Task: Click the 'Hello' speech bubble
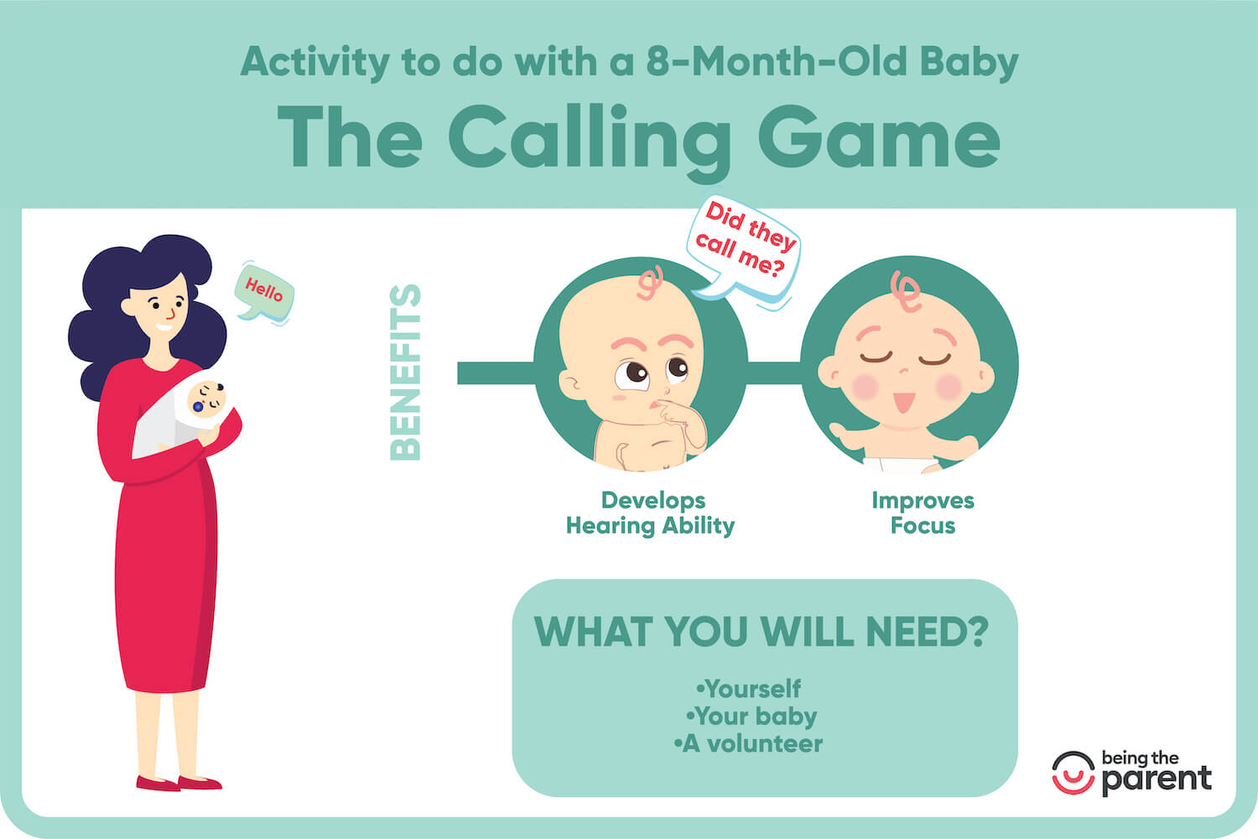tap(264, 291)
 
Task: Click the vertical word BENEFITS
tap(406, 373)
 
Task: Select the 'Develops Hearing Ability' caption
tap(651, 513)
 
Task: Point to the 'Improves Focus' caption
tap(923, 513)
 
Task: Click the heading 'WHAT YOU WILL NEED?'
tap(762, 632)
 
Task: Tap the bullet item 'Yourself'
tap(749, 689)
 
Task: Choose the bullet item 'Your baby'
tap(751, 717)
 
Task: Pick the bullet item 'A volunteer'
tap(748, 743)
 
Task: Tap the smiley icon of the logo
tap(1073, 773)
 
